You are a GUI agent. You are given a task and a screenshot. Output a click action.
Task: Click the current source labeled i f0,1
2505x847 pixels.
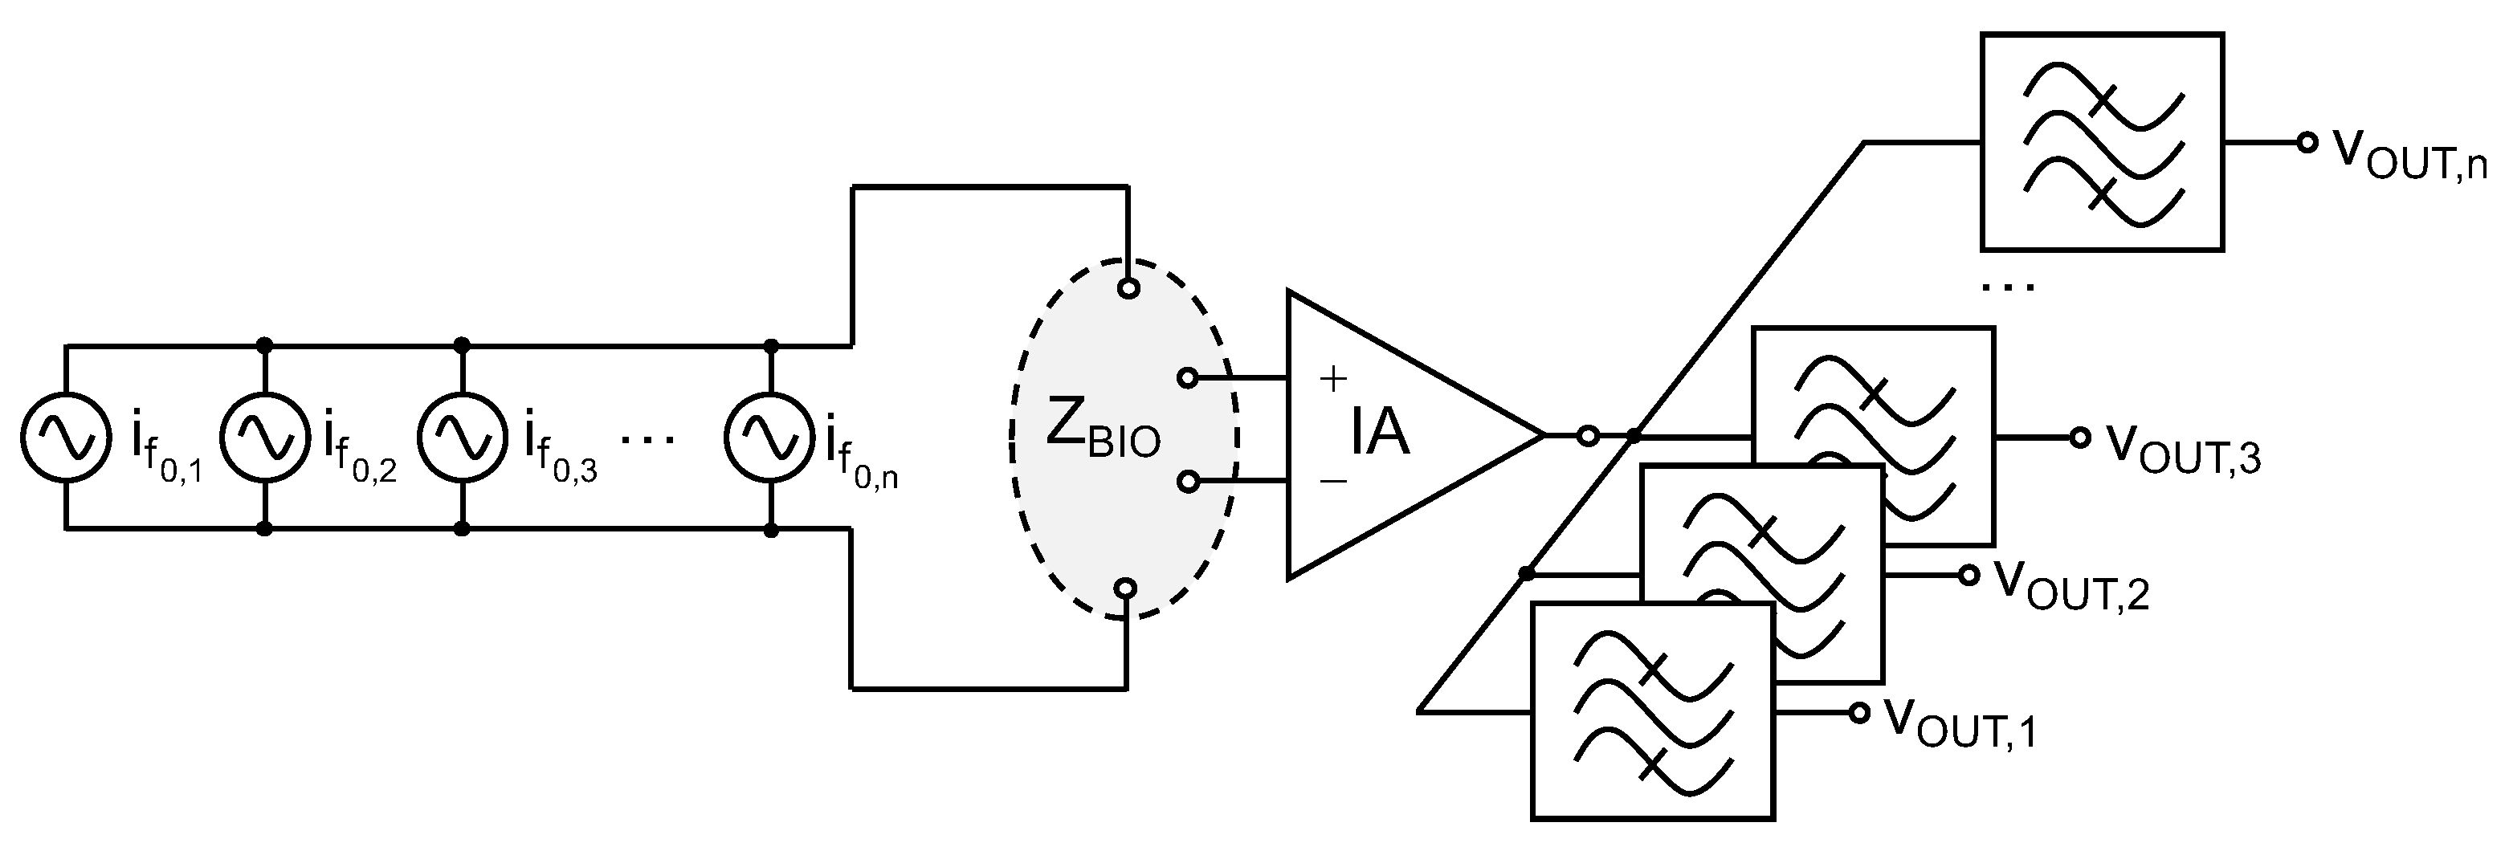[64, 438]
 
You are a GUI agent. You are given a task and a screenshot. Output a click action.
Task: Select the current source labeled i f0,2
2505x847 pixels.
[263, 438]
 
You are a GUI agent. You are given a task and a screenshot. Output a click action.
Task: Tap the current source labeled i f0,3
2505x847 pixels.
[461, 438]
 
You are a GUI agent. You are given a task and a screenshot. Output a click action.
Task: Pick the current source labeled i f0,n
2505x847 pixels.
[769, 438]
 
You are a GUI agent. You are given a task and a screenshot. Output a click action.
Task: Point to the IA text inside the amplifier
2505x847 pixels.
[1379, 434]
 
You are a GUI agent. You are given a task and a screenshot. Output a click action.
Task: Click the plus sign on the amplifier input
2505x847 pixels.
[1333, 377]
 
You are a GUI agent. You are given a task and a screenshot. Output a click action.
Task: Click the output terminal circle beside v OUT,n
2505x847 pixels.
[2307, 143]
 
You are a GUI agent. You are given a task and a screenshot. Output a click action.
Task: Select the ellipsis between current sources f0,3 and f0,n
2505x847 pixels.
[647, 439]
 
